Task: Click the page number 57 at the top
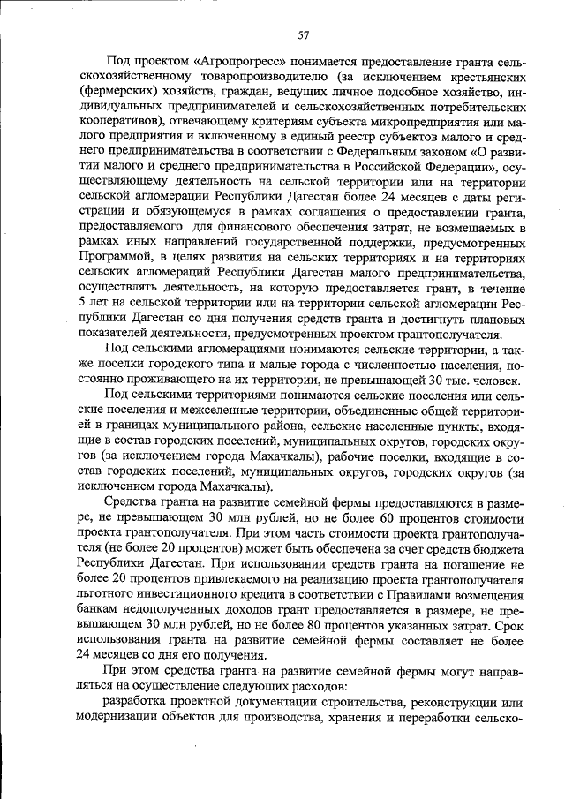[303, 35]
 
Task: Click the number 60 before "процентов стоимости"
[354, 515]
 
